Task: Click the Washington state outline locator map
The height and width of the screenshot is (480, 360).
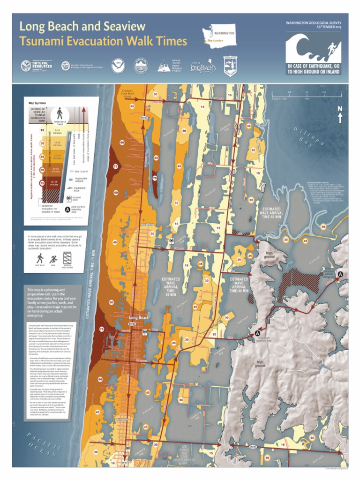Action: coord(218,34)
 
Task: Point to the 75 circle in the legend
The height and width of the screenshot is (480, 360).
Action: coord(42,183)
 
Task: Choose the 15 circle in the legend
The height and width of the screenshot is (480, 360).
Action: coord(42,130)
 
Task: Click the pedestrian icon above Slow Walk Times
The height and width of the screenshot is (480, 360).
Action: coord(60,113)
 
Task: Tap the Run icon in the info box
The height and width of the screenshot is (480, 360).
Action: coord(53,258)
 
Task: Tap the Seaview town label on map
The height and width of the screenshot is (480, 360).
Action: coord(121,419)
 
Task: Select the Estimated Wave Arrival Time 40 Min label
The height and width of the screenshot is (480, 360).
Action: coord(239,285)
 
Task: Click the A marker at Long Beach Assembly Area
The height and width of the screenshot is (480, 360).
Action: coord(257,333)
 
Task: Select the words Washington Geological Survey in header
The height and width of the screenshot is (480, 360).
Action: coord(314,22)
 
